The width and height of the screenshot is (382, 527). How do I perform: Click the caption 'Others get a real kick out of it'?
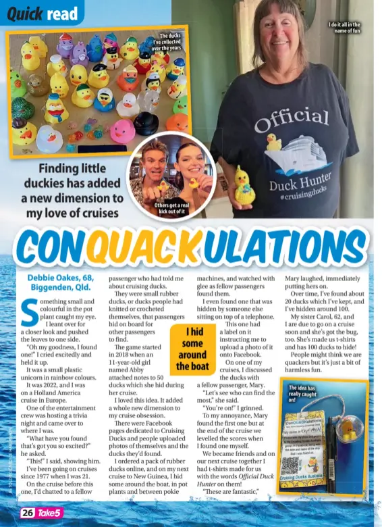point(171,207)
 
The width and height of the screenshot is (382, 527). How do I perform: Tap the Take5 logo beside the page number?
point(53,513)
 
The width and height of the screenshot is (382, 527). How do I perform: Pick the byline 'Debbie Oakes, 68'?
point(61,278)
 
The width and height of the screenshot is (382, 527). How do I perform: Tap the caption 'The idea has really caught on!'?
point(302,394)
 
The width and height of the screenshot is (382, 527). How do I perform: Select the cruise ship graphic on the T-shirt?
point(302,151)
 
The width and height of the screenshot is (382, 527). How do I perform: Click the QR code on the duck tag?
point(290,465)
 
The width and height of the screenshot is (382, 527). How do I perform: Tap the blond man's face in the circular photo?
point(155,161)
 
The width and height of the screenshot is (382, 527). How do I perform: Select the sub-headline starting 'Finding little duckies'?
point(72,191)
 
